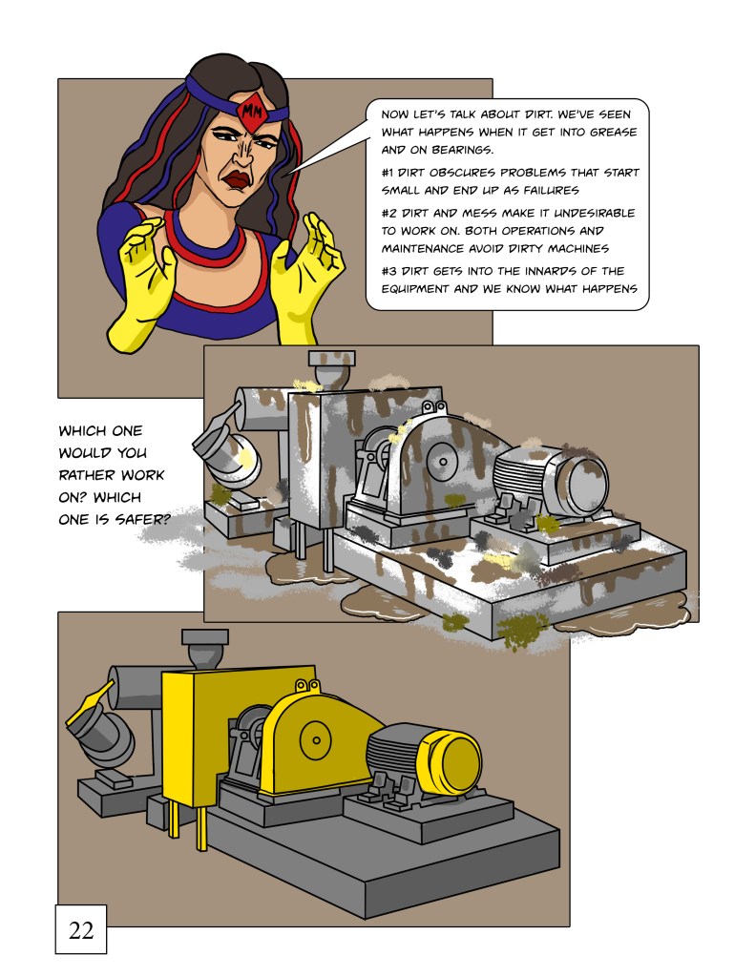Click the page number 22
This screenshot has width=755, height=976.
tap(81, 930)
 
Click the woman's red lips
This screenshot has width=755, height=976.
tap(238, 178)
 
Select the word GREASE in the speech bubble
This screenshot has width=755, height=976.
tap(613, 132)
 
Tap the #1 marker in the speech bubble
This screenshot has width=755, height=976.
tap(388, 173)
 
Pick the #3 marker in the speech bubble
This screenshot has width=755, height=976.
tap(388, 271)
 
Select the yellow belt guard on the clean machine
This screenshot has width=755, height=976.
tap(318, 740)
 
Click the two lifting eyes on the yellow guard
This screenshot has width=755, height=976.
tap(307, 686)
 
